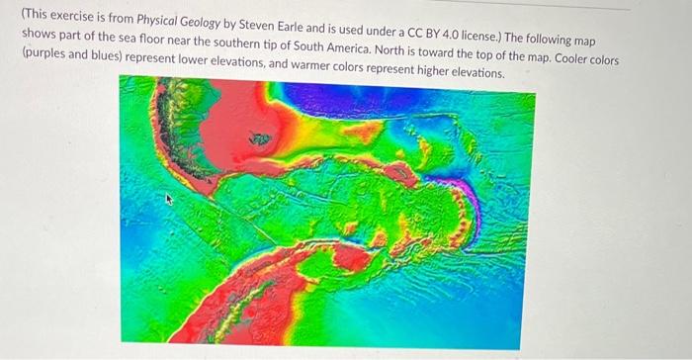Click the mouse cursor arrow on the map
tap(168, 199)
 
